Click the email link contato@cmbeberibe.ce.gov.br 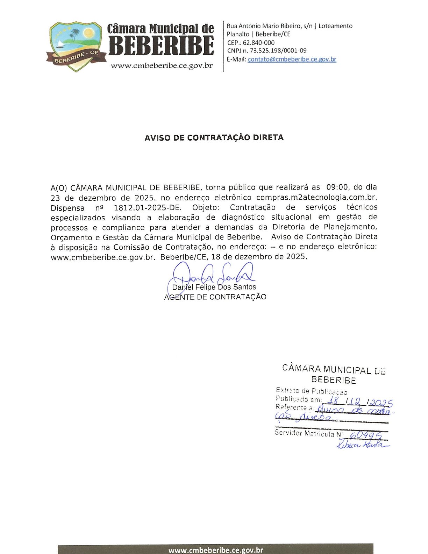click(x=292, y=59)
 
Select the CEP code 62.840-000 click(x=259, y=43)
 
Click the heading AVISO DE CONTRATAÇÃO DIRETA click(x=214, y=138)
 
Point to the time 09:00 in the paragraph click(x=337, y=187)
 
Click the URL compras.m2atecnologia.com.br click(x=316, y=197)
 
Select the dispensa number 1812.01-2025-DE click(x=148, y=207)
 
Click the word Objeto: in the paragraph click(x=205, y=207)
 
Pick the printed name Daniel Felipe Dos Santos click(x=214, y=287)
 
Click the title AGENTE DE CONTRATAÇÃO click(x=215, y=297)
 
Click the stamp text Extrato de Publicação click(x=311, y=391)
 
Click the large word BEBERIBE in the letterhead click(x=162, y=45)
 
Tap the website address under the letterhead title click(x=162, y=66)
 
